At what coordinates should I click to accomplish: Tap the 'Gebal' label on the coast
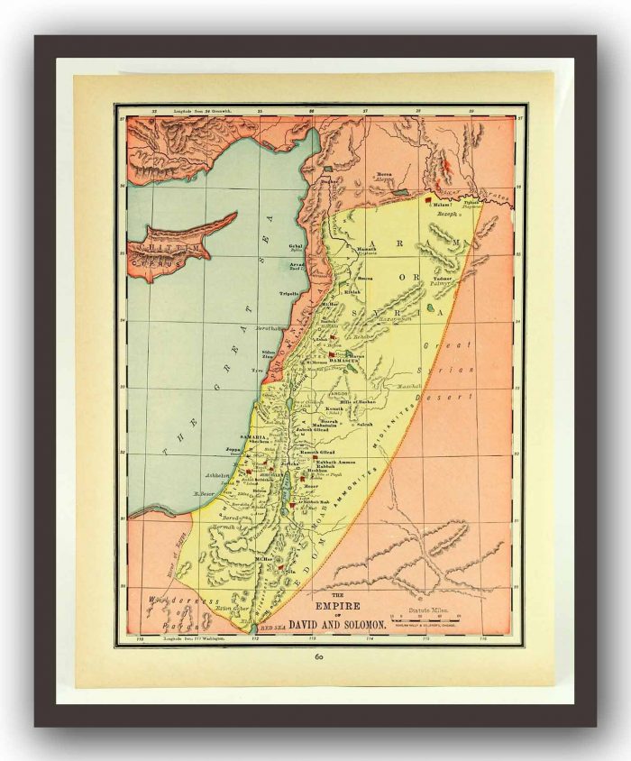(x=295, y=243)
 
